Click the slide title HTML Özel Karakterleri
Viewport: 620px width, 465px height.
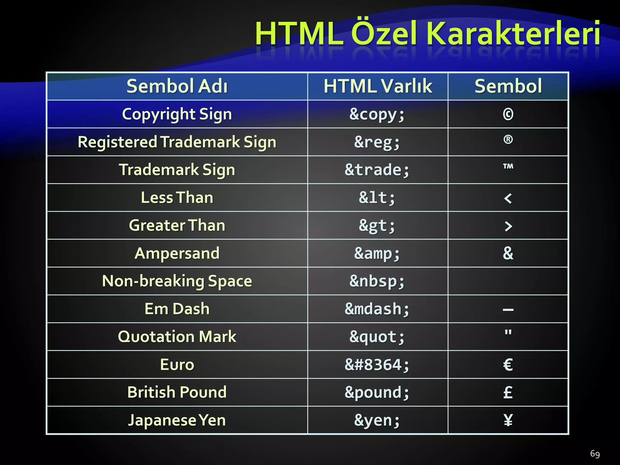point(427,33)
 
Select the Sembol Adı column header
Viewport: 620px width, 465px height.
point(177,86)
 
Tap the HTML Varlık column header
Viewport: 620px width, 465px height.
point(378,86)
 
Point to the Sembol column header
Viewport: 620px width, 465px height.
point(508,86)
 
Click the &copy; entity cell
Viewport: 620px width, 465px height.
point(377,114)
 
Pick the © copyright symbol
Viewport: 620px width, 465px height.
point(508,114)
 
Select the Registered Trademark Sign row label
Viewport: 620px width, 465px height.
point(177,142)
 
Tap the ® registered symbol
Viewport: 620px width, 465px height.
point(508,140)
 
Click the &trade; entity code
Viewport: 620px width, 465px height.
point(377,170)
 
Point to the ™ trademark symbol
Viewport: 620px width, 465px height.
point(508,167)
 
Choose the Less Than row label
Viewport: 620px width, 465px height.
point(177,198)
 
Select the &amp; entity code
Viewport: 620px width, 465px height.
point(377,253)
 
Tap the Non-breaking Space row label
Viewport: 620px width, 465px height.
point(177,281)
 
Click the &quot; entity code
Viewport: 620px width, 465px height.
point(377,337)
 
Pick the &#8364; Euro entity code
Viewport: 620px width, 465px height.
point(377,365)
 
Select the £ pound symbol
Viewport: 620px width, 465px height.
point(508,392)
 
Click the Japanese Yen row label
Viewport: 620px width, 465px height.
point(177,420)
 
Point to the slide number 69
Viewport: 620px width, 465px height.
point(595,454)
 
